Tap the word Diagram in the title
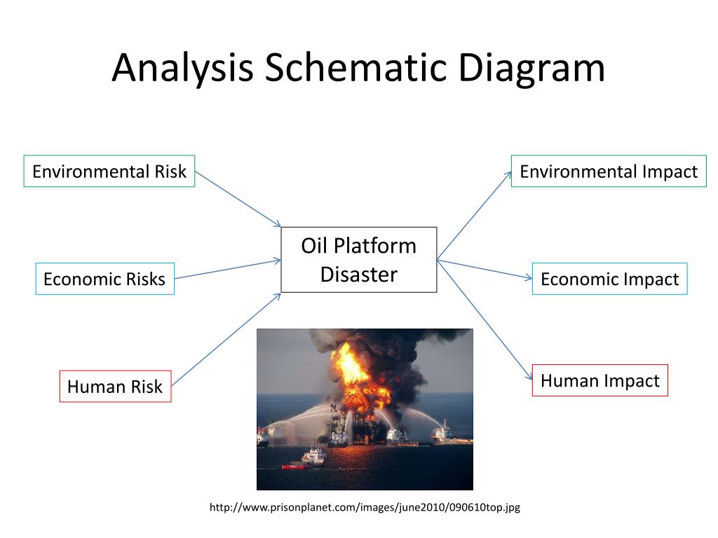coord(532,69)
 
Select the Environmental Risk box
coord(109,171)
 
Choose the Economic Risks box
coord(104,279)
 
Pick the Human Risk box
coord(115,386)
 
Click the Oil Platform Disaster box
coord(359,260)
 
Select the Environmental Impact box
coord(609,171)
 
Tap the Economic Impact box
coord(609,279)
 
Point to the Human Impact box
coord(600,380)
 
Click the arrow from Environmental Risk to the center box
coord(238,199)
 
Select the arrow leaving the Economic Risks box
coord(228,269)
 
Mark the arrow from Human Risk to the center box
coord(226,340)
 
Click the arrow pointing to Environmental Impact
coord(475,215)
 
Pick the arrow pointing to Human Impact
coord(484,319)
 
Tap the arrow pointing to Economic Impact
coord(485,269)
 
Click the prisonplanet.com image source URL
coord(365,507)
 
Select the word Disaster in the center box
coord(359,274)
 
